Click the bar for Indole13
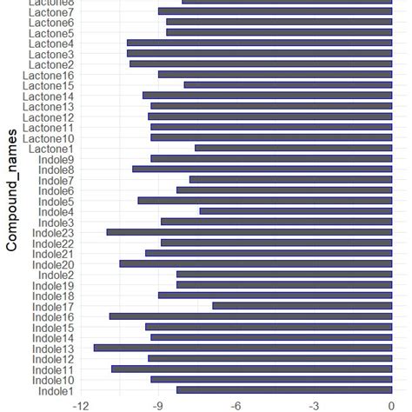click(x=243, y=348)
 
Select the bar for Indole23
click(x=249, y=232)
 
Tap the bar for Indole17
click(x=302, y=306)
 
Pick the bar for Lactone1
click(x=293, y=148)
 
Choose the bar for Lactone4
click(x=259, y=43)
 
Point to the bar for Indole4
click(x=296, y=211)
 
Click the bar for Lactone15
click(x=288, y=85)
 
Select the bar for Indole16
click(x=250, y=316)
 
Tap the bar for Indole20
click(x=256, y=263)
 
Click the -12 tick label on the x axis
click(x=81, y=405)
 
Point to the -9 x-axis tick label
click(x=158, y=405)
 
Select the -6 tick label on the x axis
click(x=236, y=405)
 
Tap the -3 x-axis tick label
click(x=313, y=405)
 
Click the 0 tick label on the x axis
click(x=390, y=405)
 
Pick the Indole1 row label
click(x=56, y=390)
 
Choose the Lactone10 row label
click(x=49, y=138)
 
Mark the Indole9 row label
click(x=56, y=159)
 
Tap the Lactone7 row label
click(x=51, y=12)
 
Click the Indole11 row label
click(x=53, y=369)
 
